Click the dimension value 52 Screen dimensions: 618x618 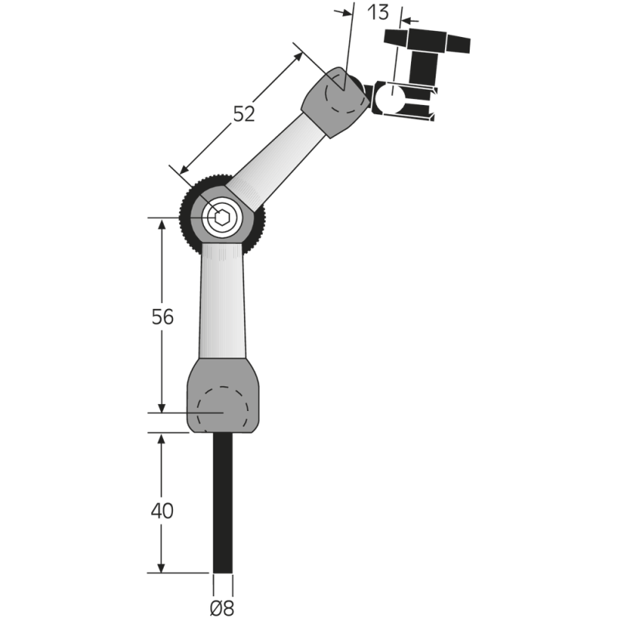tap(244, 114)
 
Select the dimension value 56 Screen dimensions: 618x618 tap(162, 317)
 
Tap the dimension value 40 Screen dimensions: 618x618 tap(162, 511)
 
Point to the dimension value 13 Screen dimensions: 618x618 tap(379, 12)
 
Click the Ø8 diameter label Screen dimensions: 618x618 tap(222, 606)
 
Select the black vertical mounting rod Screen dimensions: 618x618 tap(222, 502)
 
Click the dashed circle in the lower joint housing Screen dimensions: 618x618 tap(223, 409)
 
